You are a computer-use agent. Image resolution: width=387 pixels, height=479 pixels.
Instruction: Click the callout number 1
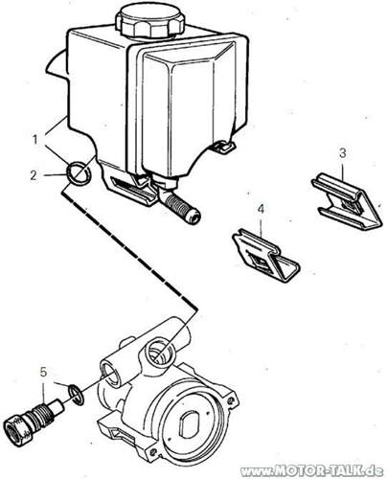click(x=35, y=138)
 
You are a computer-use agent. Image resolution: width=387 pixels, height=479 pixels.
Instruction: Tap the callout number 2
click(x=35, y=174)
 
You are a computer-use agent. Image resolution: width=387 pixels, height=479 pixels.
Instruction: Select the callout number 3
click(x=342, y=152)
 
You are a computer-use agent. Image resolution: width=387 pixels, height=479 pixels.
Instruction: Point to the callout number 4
click(x=260, y=207)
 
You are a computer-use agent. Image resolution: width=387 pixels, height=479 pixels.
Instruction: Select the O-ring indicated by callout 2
click(x=80, y=173)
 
